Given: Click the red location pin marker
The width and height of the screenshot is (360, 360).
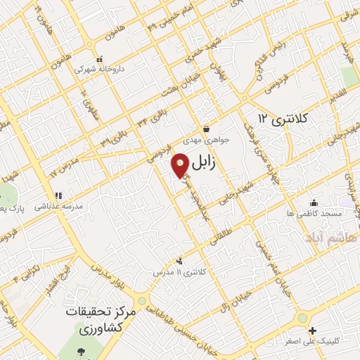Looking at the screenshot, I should (181, 165).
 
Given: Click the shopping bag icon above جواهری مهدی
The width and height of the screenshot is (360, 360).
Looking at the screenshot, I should (206, 129).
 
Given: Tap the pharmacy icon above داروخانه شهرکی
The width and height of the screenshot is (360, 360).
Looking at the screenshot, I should (101, 60).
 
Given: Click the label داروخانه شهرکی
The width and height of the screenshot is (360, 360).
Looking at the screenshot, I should (99, 70).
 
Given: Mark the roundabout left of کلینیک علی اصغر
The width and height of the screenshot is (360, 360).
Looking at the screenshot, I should (303, 319).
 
